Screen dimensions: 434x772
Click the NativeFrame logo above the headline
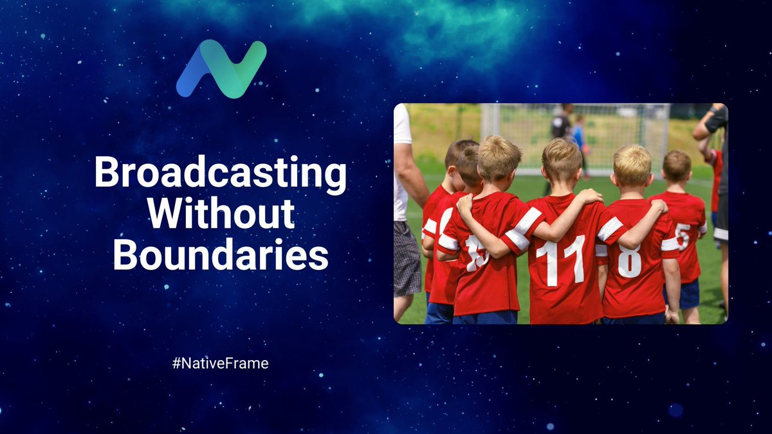[x=221, y=69]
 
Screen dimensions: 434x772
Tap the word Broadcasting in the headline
[x=221, y=174]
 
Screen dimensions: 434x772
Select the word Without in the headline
[x=221, y=214]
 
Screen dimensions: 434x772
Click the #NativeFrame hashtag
[x=220, y=363]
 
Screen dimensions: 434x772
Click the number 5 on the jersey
[x=683, y=237]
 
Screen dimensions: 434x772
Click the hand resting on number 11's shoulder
[x=589, y=196]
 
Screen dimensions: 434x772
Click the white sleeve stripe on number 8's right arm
[x=609, y=229]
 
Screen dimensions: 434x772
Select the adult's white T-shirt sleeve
[x=402, y=125]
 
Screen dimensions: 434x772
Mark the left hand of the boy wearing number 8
[x=671, y=316]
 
